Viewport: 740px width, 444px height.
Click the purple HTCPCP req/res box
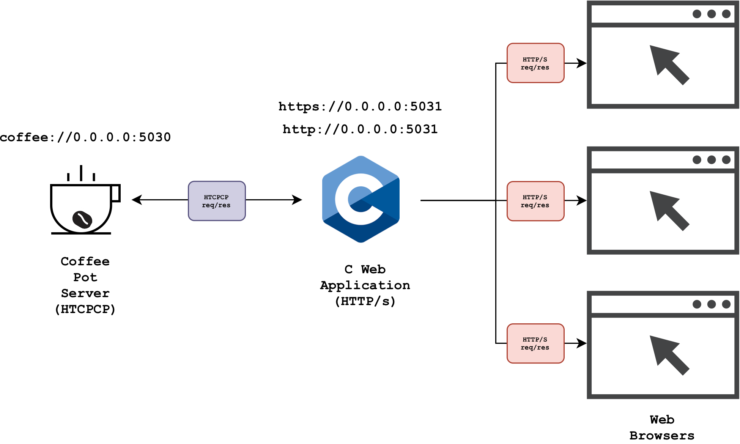point(217,201)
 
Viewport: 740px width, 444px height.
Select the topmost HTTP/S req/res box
point(535,63)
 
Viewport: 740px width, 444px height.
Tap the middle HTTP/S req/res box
point(535,201)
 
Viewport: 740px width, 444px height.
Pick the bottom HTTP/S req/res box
point(535,343)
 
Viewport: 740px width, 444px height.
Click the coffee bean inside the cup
point(82,219)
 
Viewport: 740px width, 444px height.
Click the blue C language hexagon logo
point(361,199)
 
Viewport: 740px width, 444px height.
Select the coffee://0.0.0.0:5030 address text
point(85,137)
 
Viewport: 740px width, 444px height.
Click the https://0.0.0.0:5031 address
point(360,106)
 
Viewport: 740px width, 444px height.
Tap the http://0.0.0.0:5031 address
point(360,129)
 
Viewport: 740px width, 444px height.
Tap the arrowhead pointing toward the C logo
point(297,200)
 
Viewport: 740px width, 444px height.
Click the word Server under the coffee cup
point(85,293)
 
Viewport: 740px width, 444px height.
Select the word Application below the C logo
point(365,285)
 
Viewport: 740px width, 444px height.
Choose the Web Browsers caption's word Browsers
point(662,435)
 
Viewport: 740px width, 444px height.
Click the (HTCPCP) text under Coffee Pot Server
point(85,309)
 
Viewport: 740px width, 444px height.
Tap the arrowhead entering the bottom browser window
point(582,343)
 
